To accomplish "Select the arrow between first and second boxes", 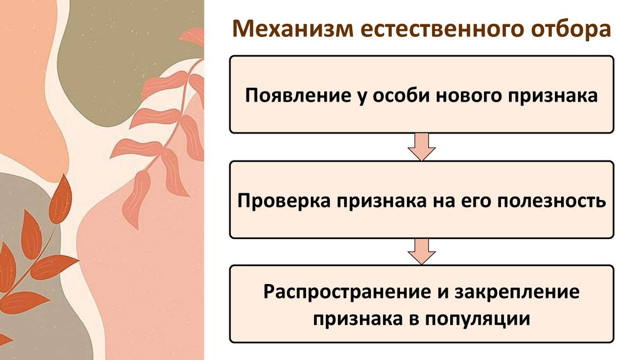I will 421,147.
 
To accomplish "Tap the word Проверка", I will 285,201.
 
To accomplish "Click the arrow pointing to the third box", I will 421,251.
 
